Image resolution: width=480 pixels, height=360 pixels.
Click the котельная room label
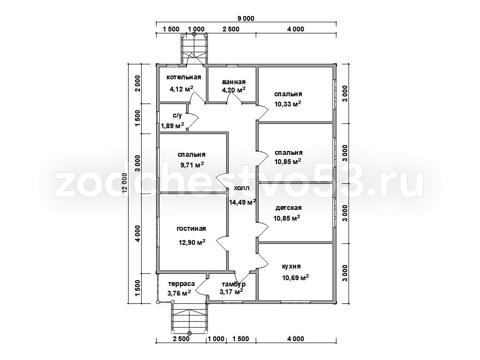click(x=184, y=77)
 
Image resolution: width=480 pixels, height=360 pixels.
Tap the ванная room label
click(x=234, y=82)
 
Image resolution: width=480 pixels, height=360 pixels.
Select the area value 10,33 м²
click(x=288, y=104)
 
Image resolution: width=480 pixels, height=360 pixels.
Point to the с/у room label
click(x=177, y=116)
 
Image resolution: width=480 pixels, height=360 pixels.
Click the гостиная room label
click(x=191, y=228)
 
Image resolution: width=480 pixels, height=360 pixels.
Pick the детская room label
click(x=289, y=208)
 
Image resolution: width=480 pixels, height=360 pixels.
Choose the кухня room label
click(x=291, y=266)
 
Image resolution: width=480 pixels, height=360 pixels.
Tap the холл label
click(x=242, y=188)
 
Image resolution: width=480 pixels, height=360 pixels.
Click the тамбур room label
click(x=233, y=285)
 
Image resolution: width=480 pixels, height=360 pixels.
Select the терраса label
click(x=181, y=284)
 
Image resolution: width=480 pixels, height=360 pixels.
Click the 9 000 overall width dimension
click(x=246, y=19)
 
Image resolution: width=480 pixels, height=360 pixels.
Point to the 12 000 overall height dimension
click(x=124, y=183)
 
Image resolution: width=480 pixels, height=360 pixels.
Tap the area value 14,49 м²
click(x=243, y=202)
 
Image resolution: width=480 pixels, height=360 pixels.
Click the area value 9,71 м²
click(x=192, y=165)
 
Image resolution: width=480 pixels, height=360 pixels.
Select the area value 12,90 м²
click(x=192, y=242)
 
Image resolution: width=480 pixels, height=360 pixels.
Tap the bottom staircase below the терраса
click(x=189, y=317)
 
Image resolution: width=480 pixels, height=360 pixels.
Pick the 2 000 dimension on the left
click(x=138, y=83)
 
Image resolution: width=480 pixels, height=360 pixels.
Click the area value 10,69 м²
click(x=295, y=278)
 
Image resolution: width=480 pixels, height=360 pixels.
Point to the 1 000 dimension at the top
click(x=196, y=29)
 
